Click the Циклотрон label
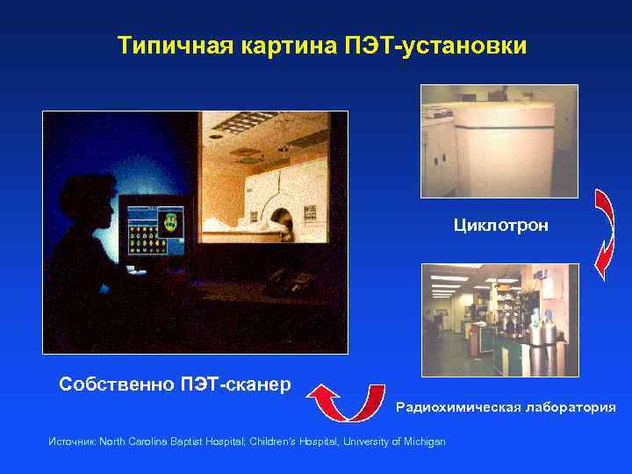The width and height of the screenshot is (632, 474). [x=500, y=226]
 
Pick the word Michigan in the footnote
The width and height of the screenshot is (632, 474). [x=424, y=441]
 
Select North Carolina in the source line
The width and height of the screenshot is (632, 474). [x=131, y=441]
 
